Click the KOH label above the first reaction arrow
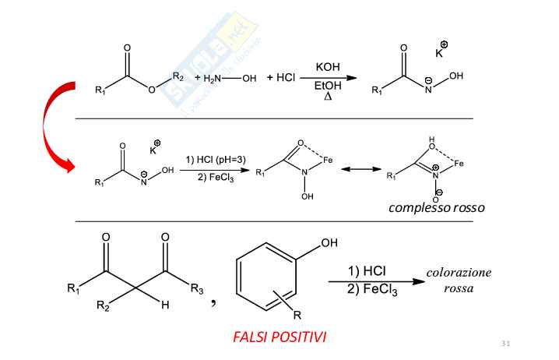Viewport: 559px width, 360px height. coord(328,69)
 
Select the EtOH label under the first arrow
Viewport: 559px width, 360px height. coord(328,87)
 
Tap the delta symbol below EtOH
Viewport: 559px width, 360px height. coord(328,98)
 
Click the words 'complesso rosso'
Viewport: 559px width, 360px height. coord(437,207)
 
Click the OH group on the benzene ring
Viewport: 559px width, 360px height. coord(329,244)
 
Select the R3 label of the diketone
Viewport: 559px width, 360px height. coord(197,290)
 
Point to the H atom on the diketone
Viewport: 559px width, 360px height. coord(165,306)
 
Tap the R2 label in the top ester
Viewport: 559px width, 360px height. coord(178,76)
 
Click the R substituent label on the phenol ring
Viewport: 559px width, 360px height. coord(296,316)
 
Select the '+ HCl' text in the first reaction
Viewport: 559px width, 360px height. coord(280,78)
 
